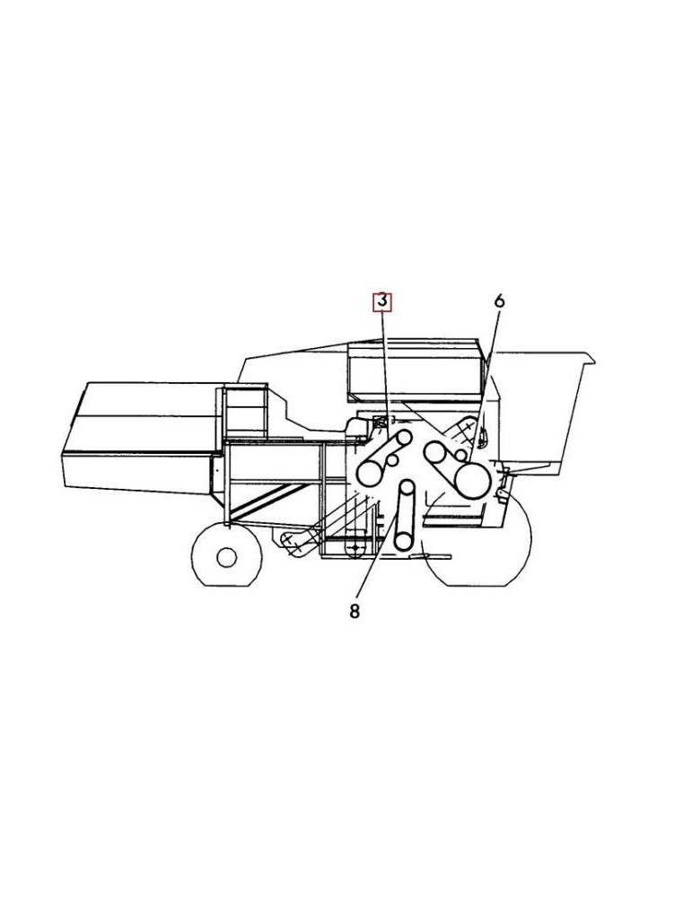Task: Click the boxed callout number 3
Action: [382, 301]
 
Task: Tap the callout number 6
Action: [499, 301]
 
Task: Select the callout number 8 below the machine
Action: [355, 612]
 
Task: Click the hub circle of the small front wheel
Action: [226, 557]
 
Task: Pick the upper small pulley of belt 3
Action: [404, 438]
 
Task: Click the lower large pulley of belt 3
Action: [370, 473]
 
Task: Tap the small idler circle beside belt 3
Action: [392, 461]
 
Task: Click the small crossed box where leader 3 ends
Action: [379, 422]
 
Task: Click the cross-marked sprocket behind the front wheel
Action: [289, 538]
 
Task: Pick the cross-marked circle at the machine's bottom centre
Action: [356, 544]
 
